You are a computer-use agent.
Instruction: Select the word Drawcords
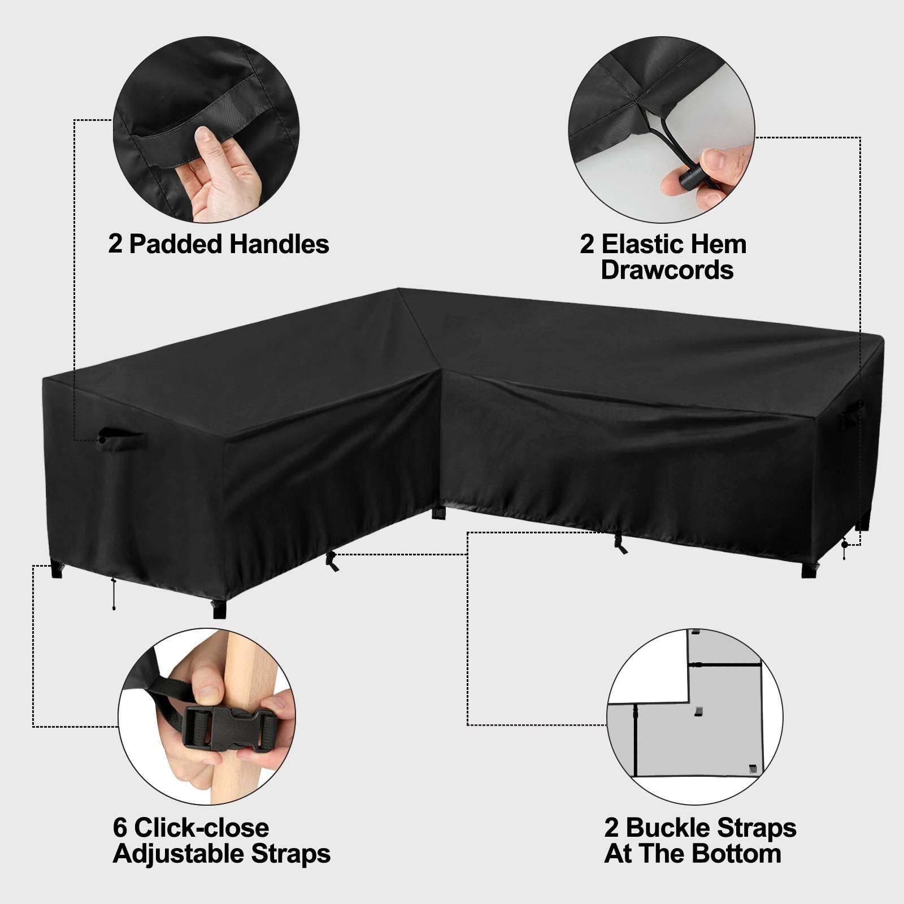tap(667, 271)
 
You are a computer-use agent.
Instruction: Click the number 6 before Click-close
tap(119, 828)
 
